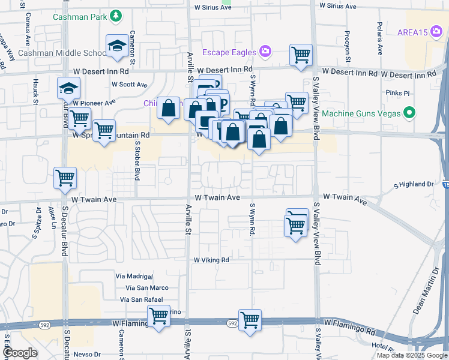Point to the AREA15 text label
pos(411,32)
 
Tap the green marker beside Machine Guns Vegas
pos(410,113)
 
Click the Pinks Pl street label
pos(397,94)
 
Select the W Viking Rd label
pos(211,260)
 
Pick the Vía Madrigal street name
pos(139,276)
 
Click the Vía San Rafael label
pos(142,299)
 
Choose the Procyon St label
pos(348,47)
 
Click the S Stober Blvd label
pos(137,166)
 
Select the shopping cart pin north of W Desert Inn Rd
pos(301,55)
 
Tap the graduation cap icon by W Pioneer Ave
pos(68,88)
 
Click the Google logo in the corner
pos(20,353)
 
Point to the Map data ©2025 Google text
pos(411,355)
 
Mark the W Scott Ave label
pos(133,85)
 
